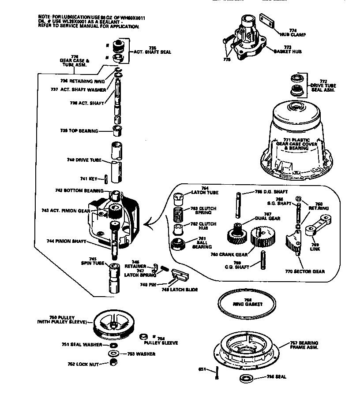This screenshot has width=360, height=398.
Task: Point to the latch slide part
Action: (180, 276)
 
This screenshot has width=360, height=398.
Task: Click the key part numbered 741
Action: (106, 179)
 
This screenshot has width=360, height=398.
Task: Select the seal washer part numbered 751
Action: (113, 345)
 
